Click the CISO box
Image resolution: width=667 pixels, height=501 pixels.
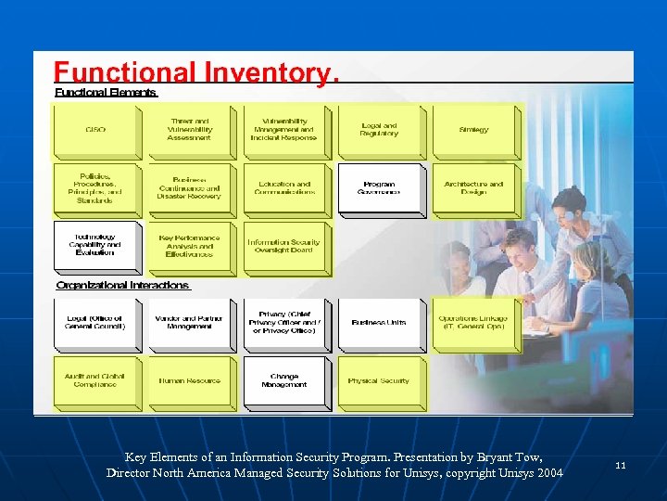click(x=95, y=130)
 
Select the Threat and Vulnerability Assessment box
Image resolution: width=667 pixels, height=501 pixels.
click(x=190, y=130)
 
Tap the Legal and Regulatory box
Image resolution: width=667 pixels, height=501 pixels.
click(x=379, y=130)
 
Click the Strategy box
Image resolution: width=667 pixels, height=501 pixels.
click(x=473, y=130)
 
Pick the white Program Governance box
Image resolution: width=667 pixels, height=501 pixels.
click(x=379, y=187)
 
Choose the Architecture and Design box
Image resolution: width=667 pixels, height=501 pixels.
click(x=473, y=187)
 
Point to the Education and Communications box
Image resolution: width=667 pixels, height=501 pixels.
click(x=284, y=187)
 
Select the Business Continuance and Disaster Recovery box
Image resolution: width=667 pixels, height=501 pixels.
click(x=190, y=187)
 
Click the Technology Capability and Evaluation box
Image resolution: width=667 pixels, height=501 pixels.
click(x=95, y=246)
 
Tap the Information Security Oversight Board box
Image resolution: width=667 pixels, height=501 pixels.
click(x=284, y=246)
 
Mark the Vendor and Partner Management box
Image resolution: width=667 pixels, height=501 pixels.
click(x=190, y=322)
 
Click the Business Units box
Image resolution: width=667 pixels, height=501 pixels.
click(x=379, y=322)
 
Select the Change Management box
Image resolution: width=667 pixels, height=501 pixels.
click(x=284, y=380)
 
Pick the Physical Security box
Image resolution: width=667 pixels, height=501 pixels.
click(x=379, y=380)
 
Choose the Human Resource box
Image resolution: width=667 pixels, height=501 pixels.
click(x=190, y=380)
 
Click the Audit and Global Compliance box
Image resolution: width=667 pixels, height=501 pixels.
click(x=95, y=380)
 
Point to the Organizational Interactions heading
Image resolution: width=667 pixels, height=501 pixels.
click(x=122, y=286)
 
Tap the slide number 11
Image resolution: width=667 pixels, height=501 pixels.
click(x=620, y=465)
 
